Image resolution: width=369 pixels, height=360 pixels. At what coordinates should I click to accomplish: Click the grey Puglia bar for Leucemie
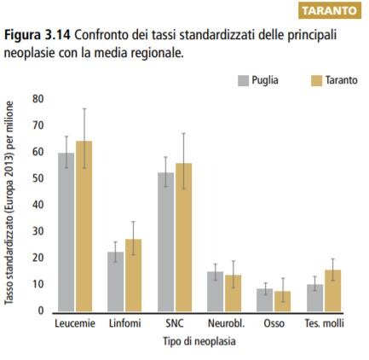pyautogui.click(x=66, y=232)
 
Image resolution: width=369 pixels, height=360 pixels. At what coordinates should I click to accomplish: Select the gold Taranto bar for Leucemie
pyautogui.click(x=84, y=226)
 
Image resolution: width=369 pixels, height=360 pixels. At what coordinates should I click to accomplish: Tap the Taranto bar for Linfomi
pyautogui.click(x=134, y=276)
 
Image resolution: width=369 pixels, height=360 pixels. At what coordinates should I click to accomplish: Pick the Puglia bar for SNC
pyautogui.click(x=165, y=242)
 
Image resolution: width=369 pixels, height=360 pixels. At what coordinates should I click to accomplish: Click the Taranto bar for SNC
pyautogui.click(x=183, y=237)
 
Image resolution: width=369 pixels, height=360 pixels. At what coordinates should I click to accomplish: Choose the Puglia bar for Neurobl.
pyautogui.click(x=216, y=292)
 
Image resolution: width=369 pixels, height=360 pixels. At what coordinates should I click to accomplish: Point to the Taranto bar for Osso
pyautogui.click(x=283, y=301)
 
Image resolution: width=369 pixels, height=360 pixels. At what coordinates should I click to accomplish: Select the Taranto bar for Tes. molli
pyautogui.click(x=332, y=291)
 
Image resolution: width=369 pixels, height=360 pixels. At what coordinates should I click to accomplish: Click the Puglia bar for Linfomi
pyautogui.click(x=116, y=282)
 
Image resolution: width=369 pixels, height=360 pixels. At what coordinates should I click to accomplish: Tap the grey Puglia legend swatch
pyautogui.click(x=244, y=81)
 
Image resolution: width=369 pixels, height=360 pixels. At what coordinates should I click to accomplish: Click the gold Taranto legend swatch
pyautogui.click(x=317, y=81)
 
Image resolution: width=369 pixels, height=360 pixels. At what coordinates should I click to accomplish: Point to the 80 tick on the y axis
pyautogui.click(x=38, y=99)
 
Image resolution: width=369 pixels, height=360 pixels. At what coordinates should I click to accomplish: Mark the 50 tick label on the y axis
pyautogui.click(x=38, y=178)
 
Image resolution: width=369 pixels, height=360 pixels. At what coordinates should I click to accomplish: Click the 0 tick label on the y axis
pyautogui.click(x=41, y=311)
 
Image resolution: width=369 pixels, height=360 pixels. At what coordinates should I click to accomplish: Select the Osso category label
pyautogui.click(x=274, y=323)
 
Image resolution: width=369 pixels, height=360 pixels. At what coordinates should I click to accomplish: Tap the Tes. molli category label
pyautogui.click(x=325, y=323)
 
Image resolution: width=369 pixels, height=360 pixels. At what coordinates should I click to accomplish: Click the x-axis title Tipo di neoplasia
pyautogui.click(x=199, y=341)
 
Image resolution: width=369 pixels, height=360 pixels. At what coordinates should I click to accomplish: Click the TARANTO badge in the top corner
pyautogui.click(x=330, y=11)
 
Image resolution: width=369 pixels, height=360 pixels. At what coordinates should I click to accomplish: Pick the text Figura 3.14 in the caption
pyautogui.click(x=37, y=36)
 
